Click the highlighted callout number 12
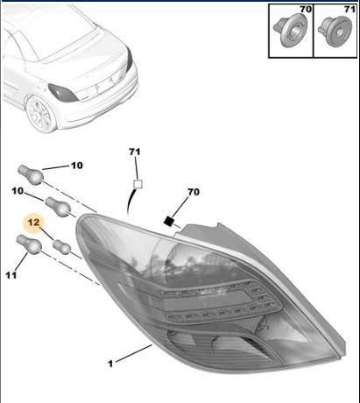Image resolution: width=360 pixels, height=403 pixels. (33, 223)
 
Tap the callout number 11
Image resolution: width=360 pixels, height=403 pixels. (11, 275)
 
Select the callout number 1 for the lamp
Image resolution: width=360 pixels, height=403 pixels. (110, 364)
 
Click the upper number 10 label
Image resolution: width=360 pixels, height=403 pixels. (77, 166)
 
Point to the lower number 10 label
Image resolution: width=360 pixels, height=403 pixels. (18, 191)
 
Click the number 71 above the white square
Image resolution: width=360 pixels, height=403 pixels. (135, 152)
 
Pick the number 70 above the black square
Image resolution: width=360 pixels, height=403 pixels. (194, 192)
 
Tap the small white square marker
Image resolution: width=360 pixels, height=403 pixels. (138, 184)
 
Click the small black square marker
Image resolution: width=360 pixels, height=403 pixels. (168, 221)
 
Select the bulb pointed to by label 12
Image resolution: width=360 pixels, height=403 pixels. (62, 247)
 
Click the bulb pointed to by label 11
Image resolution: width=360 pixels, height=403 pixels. (29, 244)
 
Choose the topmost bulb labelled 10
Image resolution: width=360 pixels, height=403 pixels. (31, 174)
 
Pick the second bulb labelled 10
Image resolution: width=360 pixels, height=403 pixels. (58, 207)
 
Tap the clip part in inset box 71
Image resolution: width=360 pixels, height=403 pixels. (335, 32)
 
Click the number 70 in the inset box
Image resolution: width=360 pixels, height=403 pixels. (306, 10)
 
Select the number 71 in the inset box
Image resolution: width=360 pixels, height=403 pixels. (349, 10)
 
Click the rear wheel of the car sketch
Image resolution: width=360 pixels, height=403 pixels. (41, 114)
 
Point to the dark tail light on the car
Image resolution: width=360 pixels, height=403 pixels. (63, 93)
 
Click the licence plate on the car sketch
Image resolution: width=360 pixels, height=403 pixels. (105, 86)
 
